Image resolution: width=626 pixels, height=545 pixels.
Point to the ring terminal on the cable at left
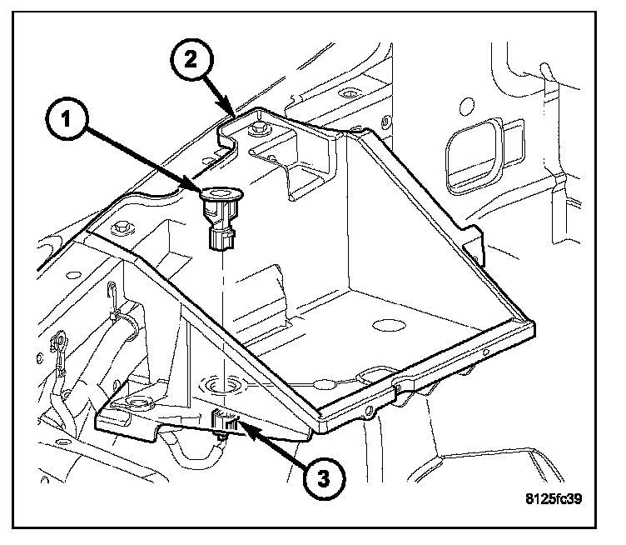[59, 342]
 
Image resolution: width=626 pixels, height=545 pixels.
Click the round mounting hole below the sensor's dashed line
[219, 384]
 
